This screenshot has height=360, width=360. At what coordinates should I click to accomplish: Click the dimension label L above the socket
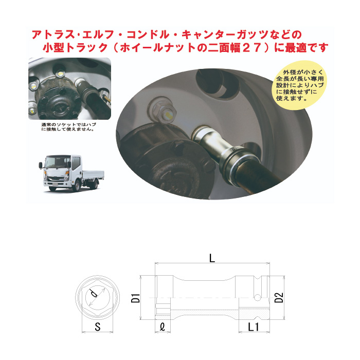tap(211, 259)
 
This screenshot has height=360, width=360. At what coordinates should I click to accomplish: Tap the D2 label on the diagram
tap(280, 297)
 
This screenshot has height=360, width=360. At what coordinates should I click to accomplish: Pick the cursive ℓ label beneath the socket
tap(162, 326)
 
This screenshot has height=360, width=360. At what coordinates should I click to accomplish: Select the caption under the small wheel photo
tap(67, 126)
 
